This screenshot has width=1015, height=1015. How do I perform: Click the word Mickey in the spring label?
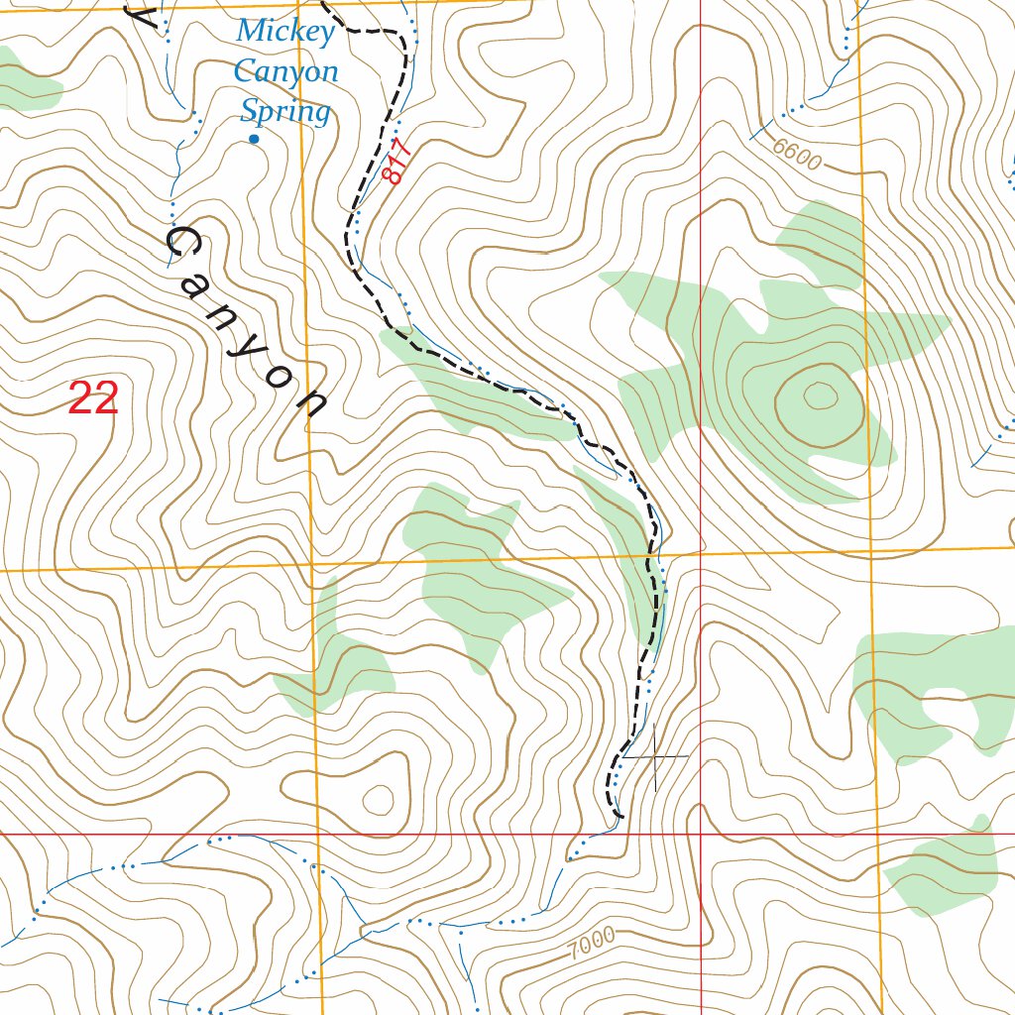tap(285, 32)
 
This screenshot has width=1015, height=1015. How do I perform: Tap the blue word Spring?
tap(285, 112)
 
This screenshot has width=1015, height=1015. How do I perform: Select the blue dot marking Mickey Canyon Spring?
tap(254, 140)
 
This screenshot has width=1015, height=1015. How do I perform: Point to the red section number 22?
tap(94, 398)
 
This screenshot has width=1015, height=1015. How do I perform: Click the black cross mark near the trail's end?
tap(655, 758)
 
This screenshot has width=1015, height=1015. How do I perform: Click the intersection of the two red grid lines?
tap(701, 834)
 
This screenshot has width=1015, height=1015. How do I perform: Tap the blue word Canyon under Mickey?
tap(285, 72)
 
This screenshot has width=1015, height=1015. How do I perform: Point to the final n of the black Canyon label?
tap(313, 403)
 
